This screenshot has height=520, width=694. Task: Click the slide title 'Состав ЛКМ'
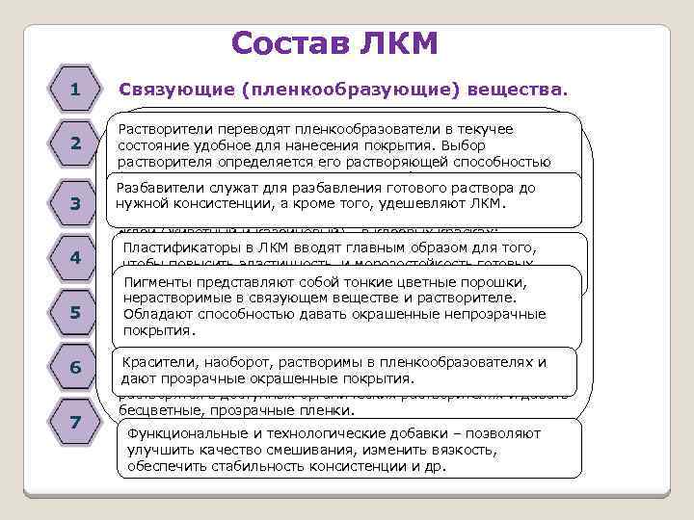pyautogui.click(x=335, y=42)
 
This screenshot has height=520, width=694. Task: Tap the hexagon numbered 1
pyautogui.click(x=74, y=90)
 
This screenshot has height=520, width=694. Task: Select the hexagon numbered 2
pyautogui.click(x=74, y=143)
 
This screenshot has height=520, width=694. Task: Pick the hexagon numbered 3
pyautogui.click(x=74, y=204)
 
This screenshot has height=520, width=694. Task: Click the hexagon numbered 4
pyautogui.click(x=74, y=258)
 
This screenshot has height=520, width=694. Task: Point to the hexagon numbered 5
pyautogui.click(x=74, y=313)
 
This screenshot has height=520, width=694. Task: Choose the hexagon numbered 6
pyautogui.click(x=74, y=368)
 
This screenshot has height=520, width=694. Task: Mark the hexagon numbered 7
pyautogui.click(x=74, y=423)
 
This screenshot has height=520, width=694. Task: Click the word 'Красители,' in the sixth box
pyautogui.click(x=160, y=362)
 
